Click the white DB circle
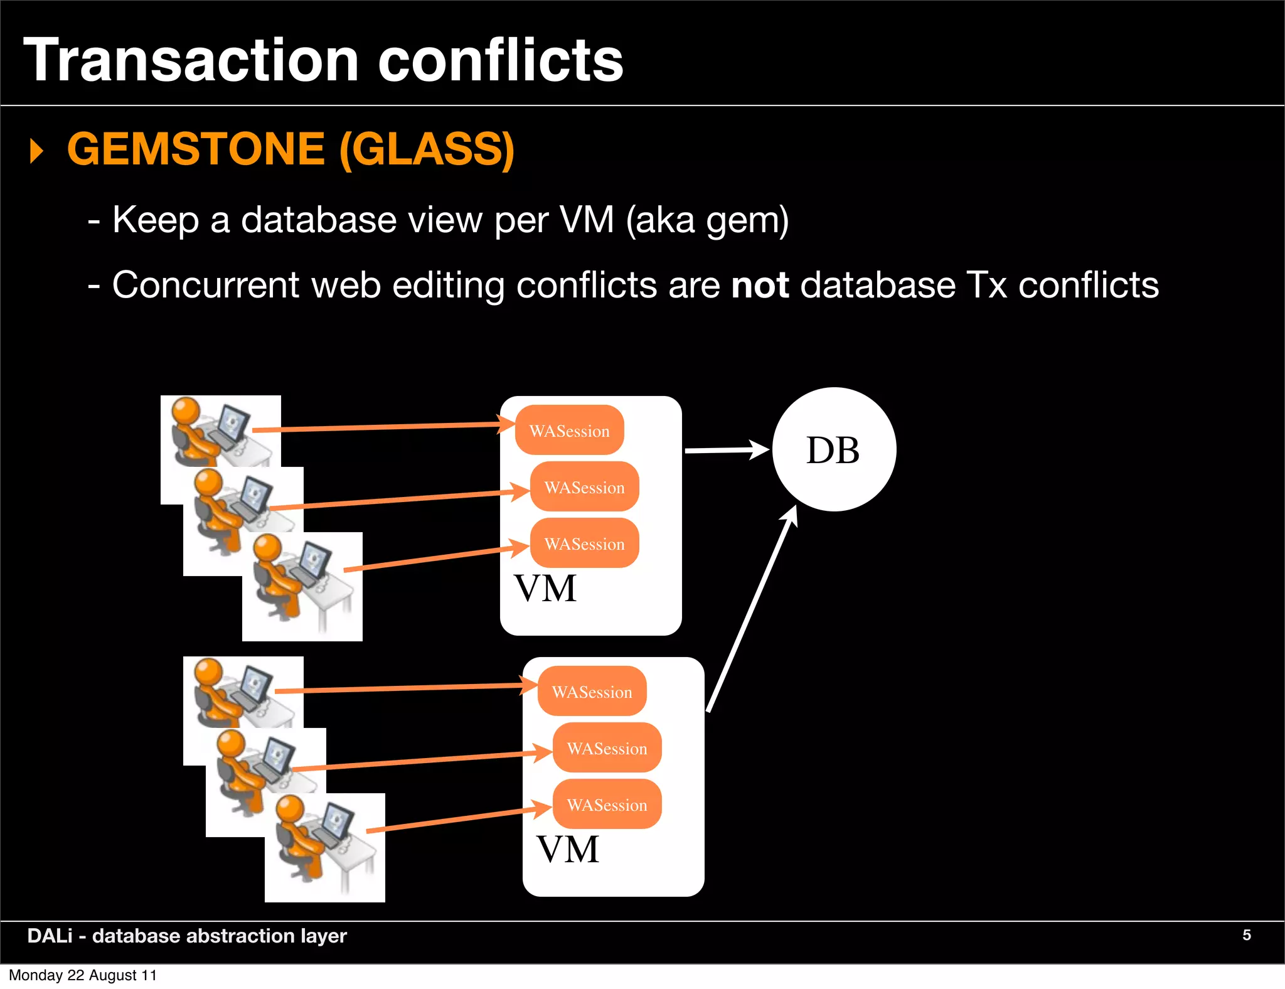point(833,449)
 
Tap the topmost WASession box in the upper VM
point(569,430)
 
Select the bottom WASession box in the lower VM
point(607,805)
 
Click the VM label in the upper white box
point(545,589)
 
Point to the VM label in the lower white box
point(567,850)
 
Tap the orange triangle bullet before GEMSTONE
point(37,151)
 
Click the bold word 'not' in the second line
point(760,285)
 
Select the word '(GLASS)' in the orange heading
point(427,149)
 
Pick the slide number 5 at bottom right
point(1246,935)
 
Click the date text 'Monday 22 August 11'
point(82,975)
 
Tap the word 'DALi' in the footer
point(50,936)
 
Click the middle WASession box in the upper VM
point(584,487)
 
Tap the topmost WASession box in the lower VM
point(592,692)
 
